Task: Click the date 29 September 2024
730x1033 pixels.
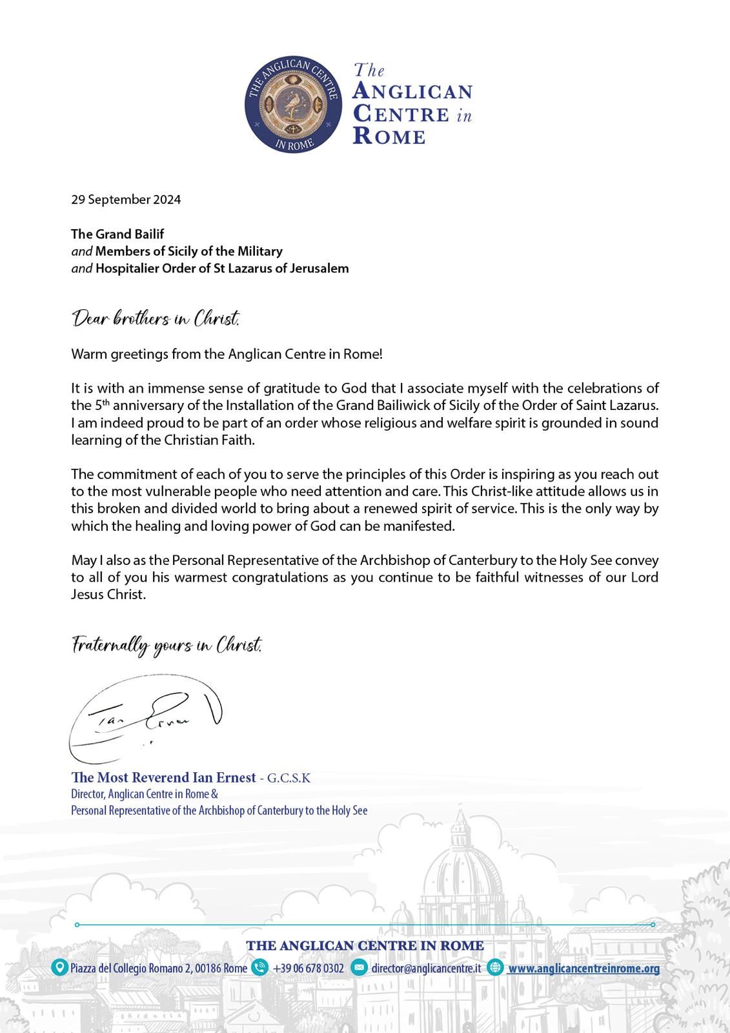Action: [x=126, y=199]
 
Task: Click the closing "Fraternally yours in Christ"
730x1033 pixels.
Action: [x=167, y=645]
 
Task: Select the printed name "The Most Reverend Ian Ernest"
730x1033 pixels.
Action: [x=163, y=777]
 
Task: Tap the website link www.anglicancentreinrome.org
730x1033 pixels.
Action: [x=583, y=968]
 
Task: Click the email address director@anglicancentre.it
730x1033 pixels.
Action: [x=425, y=968]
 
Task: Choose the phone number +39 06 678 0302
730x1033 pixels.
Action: [x=308, y=968]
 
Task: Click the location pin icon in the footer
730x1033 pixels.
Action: [x=60, y=967]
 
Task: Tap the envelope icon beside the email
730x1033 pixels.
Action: [x=360, y=967]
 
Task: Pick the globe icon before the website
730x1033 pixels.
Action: [x=496, y=967]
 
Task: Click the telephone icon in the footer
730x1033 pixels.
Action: [x=260, y=967]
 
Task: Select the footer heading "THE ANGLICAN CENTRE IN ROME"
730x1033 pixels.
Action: [x=365, y=946]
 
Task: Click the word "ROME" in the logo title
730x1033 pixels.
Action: [x=389, y=136]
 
